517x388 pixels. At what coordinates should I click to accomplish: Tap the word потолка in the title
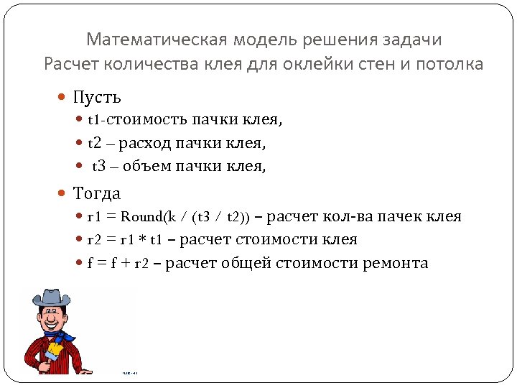tap(450, 64)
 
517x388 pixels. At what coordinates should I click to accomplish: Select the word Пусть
tap(97, 97)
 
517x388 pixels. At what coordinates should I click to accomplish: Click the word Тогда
tap(97, 193)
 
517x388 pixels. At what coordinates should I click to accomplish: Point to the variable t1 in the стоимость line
tap(95, 120)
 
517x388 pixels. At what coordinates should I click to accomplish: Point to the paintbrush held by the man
tap(53, 352)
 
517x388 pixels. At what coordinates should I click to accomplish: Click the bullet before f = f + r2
tap(80, 263)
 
